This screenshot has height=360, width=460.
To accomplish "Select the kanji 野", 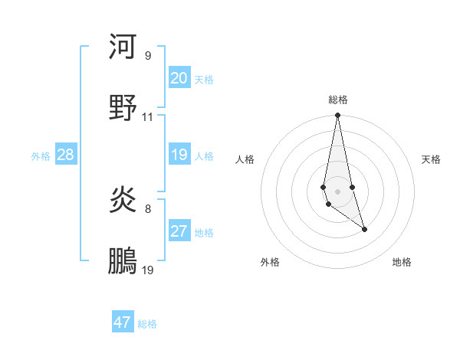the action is tap(123, 107).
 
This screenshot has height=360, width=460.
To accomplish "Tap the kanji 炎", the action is tap(123, 200).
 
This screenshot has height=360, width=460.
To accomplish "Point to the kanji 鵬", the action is tap(123, 260).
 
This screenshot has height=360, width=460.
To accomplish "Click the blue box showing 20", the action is tap(179, 78).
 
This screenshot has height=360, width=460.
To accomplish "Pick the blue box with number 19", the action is tap(179, 155).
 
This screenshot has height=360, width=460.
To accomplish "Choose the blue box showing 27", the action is tap(179, 231).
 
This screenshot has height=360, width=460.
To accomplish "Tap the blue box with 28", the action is tap(66, 155).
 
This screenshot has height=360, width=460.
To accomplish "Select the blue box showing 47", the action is tap(123, 322).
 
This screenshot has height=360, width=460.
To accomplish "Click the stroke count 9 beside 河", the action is tap(147, 55).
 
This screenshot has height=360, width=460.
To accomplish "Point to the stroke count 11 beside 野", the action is tap(148, 117).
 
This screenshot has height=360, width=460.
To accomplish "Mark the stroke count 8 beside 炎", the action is tap(147, 208).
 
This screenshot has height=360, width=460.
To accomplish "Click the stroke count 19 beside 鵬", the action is tap(148, 270).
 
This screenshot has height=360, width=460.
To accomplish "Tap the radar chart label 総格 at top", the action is tap(338, 100).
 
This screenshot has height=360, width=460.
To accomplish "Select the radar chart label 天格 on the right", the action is tap(432, 159).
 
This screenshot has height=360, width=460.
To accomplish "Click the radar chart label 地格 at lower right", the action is tap(402, 262).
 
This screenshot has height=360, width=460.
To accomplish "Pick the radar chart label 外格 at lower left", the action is tap(270, 262).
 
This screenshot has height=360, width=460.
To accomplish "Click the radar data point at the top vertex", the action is tap(337, 116).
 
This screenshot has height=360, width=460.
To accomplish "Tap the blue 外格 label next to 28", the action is tap(41, 155).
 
